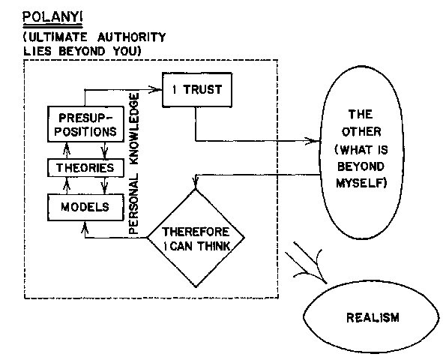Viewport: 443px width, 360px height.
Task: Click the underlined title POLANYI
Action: click(x=52, y=17)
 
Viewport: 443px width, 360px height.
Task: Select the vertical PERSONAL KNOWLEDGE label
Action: click(x=133, y=163)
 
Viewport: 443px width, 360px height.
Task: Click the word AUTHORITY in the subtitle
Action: click(x=131, y=37)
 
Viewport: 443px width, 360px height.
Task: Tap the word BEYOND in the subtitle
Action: click(x=82, y=52)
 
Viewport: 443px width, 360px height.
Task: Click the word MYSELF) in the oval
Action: click(x=361, y=183)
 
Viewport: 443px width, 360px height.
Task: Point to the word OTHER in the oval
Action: click(x=361, y=132)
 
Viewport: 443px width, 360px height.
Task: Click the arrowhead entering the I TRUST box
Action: click(x=156, y=89)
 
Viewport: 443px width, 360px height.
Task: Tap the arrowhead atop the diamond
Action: click(x=196, y=183)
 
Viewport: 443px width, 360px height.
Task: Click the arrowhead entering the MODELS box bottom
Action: click(x=85, y=227)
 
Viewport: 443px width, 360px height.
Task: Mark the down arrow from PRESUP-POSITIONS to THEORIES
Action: click(x=105, y=150)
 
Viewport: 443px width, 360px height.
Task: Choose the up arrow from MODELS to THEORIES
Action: click(x=67, y=185)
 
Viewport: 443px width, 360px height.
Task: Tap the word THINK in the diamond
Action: click(x=214, y=247)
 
